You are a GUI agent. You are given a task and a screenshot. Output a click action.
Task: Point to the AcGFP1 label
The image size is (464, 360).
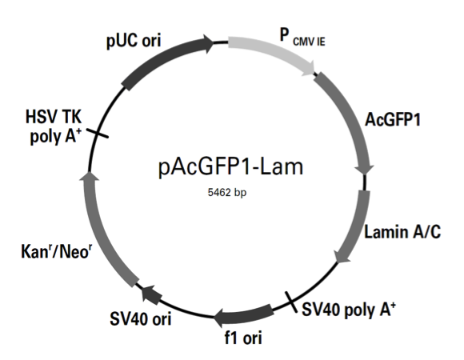click(x=393, y=120)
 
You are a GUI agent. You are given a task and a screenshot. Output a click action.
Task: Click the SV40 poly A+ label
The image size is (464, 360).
click(x=349, y=309)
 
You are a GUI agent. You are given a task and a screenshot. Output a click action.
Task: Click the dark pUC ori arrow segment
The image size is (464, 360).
click(x=164, y=59)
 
